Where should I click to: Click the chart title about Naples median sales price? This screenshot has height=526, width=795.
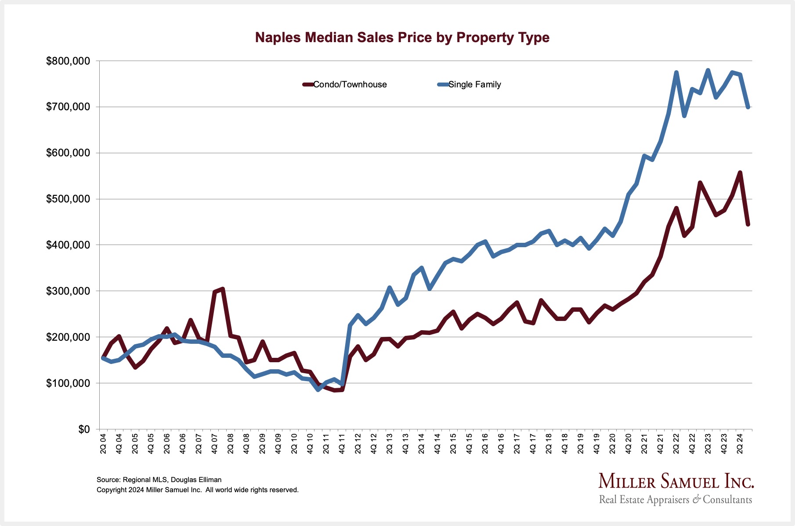402,38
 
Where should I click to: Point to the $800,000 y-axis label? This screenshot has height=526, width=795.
68,61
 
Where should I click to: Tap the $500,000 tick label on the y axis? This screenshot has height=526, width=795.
68,199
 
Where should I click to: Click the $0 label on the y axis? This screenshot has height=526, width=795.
83,429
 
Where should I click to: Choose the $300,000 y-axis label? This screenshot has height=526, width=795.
68,291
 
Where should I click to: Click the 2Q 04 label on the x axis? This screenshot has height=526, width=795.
103,444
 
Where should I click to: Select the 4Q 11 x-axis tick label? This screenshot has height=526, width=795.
342,444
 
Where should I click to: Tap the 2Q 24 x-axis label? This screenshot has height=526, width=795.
740,444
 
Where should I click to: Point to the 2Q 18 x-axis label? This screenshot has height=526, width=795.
549,444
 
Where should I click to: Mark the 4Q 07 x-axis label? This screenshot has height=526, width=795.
215,444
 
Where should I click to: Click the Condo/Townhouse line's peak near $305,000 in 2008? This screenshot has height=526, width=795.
223,289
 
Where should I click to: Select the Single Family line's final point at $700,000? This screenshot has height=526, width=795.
748,107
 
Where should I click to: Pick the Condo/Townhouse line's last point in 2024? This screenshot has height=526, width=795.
748,224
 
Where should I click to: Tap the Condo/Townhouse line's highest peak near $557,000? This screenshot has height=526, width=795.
740,173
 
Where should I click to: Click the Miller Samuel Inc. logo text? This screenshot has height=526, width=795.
676,482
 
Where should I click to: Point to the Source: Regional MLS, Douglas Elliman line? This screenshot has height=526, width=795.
159,480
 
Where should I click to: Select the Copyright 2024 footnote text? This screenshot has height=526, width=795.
198,490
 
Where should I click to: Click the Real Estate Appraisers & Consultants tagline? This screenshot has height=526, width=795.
676,500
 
